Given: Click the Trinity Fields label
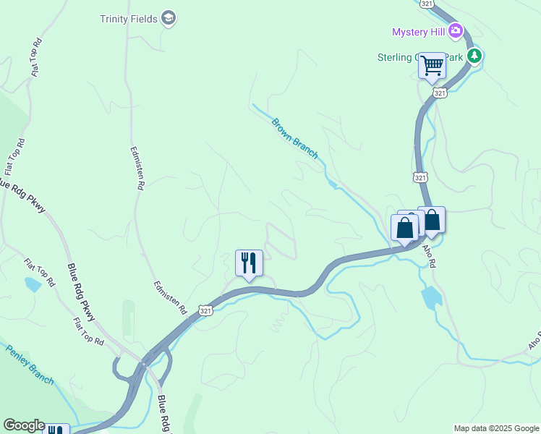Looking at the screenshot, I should [x=128, y=19].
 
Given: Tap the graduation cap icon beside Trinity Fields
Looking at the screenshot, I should [x=169, y=18].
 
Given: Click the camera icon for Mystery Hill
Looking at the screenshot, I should [x=456, y=30].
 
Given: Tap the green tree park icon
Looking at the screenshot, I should [x=474, y=56].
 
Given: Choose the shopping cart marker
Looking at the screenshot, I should [x=433, y=66].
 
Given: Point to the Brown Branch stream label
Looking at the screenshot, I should [x=294, y=135].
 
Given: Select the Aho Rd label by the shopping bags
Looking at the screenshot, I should [x=429, y=255].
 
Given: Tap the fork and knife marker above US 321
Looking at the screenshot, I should [x=249, y=263].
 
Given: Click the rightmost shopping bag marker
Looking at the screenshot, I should [x=432, y=220].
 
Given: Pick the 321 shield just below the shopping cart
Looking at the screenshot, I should [x=440, y=93].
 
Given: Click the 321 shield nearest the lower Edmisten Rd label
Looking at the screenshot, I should [x=206, y=310].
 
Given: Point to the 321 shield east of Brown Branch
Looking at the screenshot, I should [x=420, y=176].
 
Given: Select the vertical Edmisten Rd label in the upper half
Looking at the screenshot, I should [x=135, y=169].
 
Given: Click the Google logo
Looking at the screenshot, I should [x=24, y=425].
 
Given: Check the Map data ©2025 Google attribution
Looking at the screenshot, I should [x=496, y=428].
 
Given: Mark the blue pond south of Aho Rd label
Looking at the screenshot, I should [x=431, y=297].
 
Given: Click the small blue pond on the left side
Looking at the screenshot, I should [x=33, y=284].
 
